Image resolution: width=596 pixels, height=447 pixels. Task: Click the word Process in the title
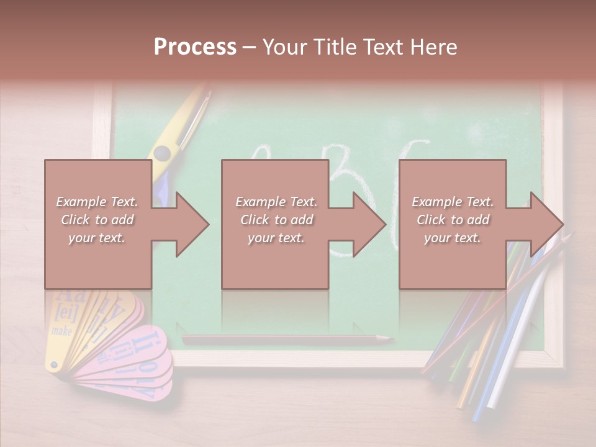tap(195, 47)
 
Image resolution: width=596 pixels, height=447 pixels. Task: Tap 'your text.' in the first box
tap(96, 238)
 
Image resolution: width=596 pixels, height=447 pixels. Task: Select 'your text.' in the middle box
tap(276, 238)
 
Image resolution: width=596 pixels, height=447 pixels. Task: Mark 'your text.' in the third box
tap(452, 238)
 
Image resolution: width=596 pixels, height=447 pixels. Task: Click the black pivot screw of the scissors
tap(163, 153)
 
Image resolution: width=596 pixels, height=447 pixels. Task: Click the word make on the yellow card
tap(61, 331)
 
